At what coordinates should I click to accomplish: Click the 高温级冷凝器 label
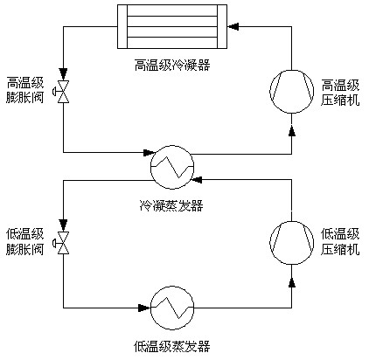tap(172, 65)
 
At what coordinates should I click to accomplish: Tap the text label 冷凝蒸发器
tap(171, 205)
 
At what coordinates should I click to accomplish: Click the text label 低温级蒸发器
tap(172, 346)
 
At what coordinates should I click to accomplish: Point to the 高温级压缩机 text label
tap(340, 93)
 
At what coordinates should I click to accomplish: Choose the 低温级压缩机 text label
tap(340, 242)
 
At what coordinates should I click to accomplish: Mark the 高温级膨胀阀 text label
tap(25, 90)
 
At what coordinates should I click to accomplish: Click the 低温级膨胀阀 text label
tap(25, 242)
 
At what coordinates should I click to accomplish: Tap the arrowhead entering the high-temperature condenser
tap(233, 26)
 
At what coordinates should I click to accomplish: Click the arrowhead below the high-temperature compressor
tap(292, 131)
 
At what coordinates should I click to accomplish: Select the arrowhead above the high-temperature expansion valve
tap(63, 73)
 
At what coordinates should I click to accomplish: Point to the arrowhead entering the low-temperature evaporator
tap(144, 308)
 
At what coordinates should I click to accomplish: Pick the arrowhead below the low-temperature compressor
tap(292, 282)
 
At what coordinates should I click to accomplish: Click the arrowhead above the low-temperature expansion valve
tap(63, 225)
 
